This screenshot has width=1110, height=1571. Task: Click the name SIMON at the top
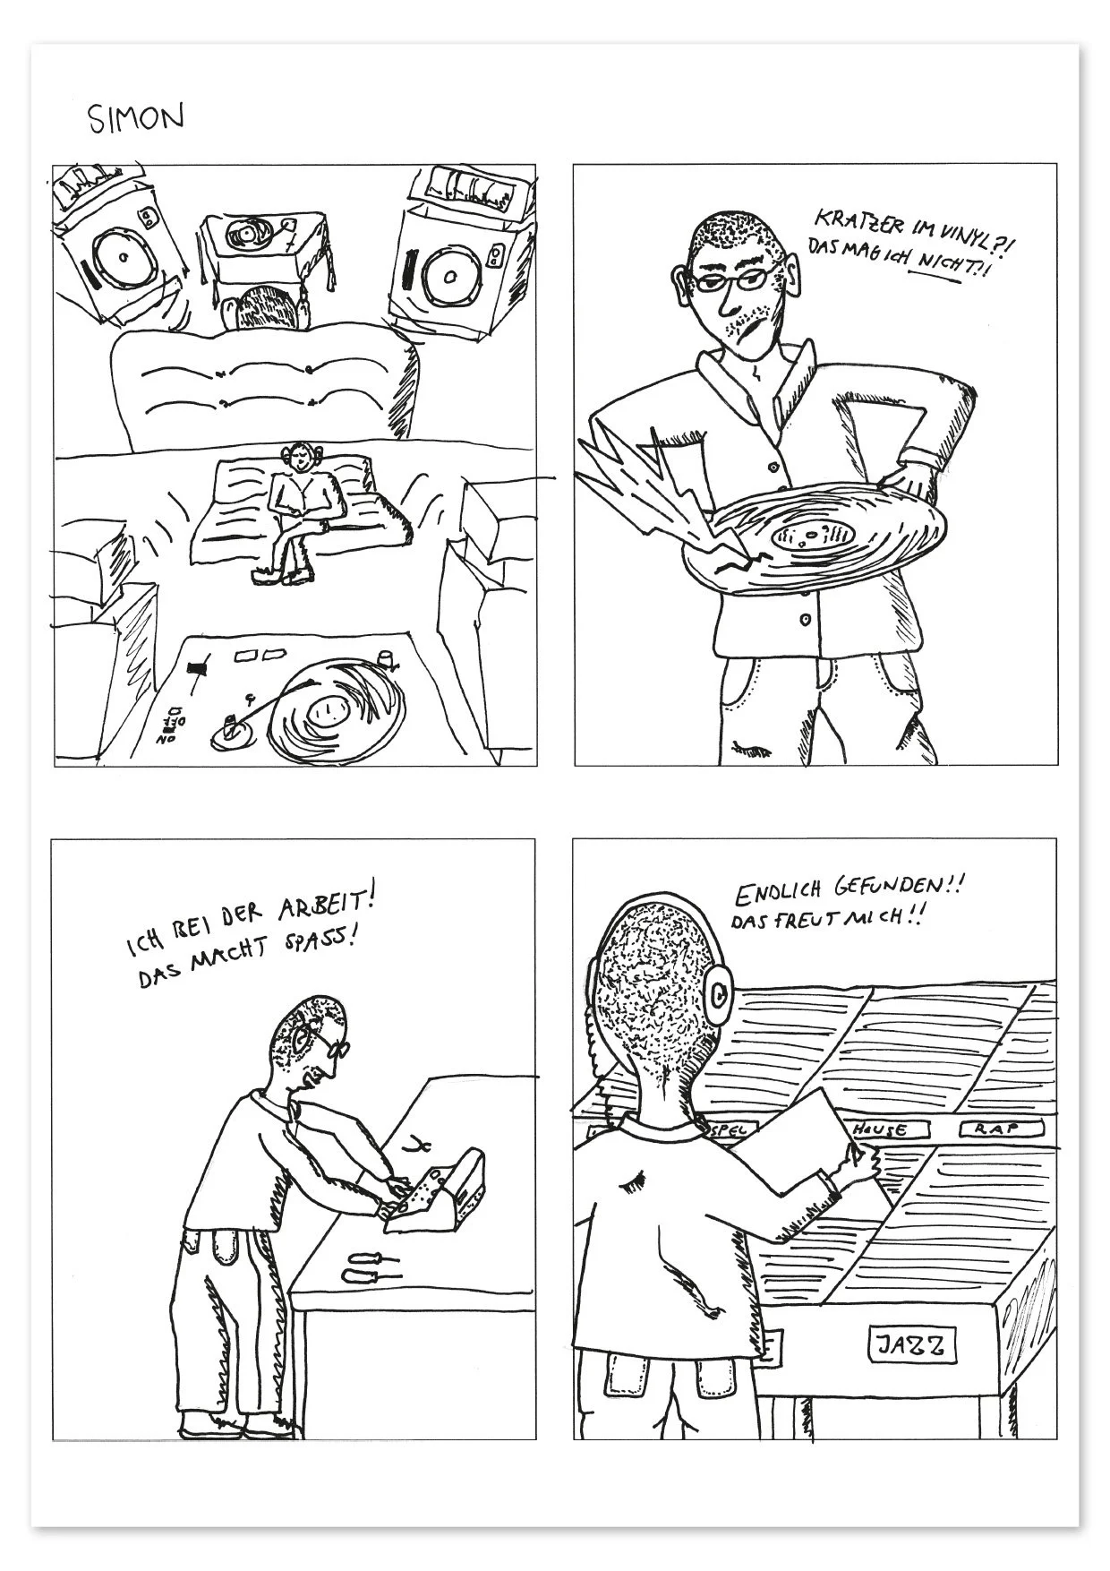(x=136, y=117)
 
